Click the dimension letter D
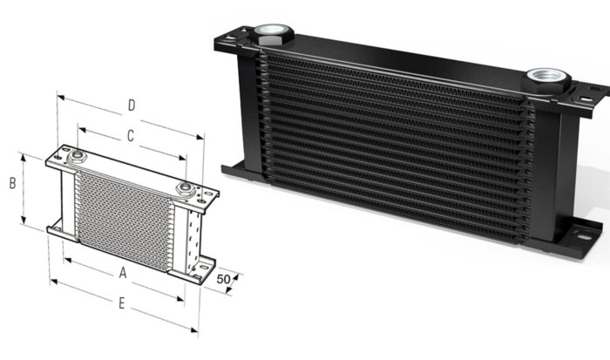click(x=131, y=106)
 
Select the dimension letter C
click(x=130, y=136)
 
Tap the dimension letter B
click(x=12, y=184)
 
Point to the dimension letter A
click(x=123, y=273)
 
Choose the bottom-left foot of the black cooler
click(x=234, y=168)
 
